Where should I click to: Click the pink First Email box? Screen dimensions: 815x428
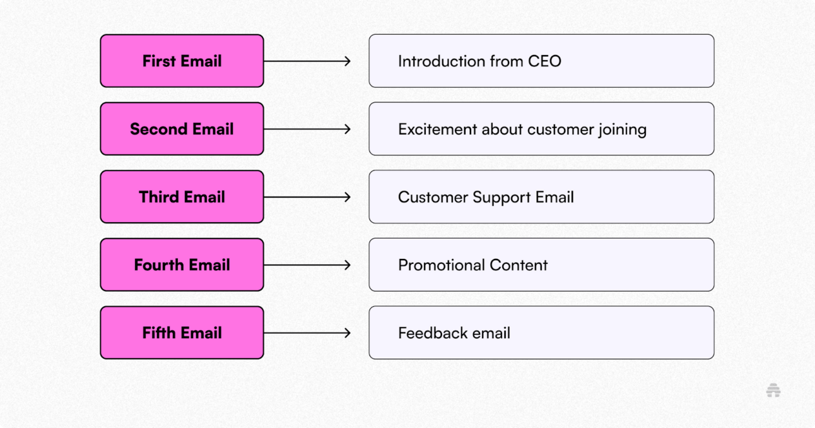point(182,61)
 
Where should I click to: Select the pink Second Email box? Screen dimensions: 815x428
point(182,129)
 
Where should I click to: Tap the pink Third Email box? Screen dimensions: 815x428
point(182,197)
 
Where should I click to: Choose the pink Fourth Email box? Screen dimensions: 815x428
point(182,265)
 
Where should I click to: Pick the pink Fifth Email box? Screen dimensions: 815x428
point(182,333)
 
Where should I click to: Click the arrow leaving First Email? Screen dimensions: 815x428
point(307,61)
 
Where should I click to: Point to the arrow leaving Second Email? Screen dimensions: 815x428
point(307,129)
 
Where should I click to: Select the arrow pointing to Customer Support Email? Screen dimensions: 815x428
point(307,197)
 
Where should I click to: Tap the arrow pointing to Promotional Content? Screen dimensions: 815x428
point(307,265)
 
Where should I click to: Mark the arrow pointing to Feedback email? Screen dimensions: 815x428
point(307,333)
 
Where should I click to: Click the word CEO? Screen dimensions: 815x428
point(544,61)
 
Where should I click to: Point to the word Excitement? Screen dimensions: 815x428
point(438,129)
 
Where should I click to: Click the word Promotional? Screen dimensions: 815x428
point(442,265)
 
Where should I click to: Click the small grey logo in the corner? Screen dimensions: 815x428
point(773,391)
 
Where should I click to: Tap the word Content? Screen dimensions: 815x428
point(519,265)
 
